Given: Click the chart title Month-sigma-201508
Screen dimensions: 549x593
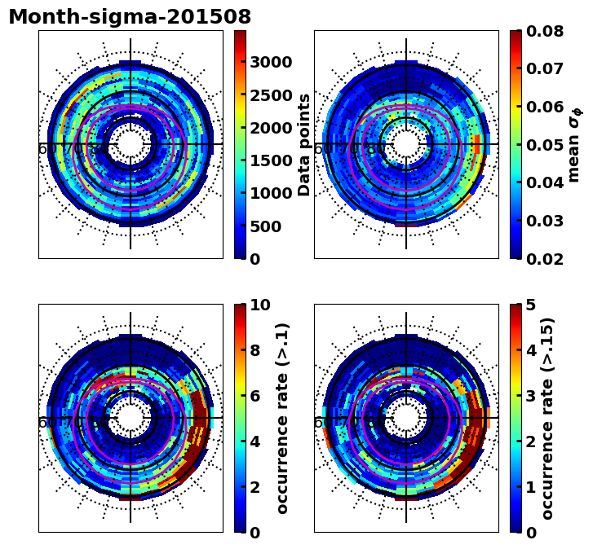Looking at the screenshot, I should (130, 17).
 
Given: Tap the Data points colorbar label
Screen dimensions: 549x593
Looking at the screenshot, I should (305, 144).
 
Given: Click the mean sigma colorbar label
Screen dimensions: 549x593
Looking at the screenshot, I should (574, 144).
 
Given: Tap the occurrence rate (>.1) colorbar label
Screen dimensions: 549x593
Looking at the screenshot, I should (282, 418).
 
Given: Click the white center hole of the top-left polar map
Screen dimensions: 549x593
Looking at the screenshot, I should (131, 144).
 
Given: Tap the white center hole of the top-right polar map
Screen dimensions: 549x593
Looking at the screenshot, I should (406, 144).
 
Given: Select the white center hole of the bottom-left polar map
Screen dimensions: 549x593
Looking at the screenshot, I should (131, 418).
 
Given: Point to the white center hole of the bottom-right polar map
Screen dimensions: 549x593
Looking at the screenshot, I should (406, 418).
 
